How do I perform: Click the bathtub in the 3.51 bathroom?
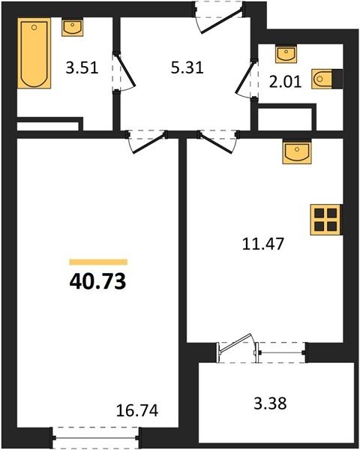tap(34, 53)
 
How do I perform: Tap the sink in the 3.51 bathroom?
tap(72, 27)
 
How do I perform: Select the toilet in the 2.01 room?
tap(327, 79)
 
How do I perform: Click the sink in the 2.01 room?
tap(286, 53)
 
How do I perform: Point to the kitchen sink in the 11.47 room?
tap(297, 151)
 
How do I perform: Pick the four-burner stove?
tap(325, 220)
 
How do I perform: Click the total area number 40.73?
tap(97, 281)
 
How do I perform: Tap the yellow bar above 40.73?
tap(98, 262)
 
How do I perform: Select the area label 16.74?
tap(137, 410)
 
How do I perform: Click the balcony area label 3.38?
tap(270, 403)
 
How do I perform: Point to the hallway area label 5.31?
tap(187, 67)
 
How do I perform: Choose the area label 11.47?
tap(263, 244)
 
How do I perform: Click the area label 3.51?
tap(82, 68)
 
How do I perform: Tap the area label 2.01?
tap(285, 82)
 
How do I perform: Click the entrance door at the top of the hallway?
tap(220, 18)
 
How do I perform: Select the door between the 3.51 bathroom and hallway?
tap(124, 72)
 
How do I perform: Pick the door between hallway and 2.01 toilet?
tap(246, 79)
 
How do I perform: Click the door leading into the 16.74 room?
tap(147, 142)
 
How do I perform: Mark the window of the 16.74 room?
tap(95, 438)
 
